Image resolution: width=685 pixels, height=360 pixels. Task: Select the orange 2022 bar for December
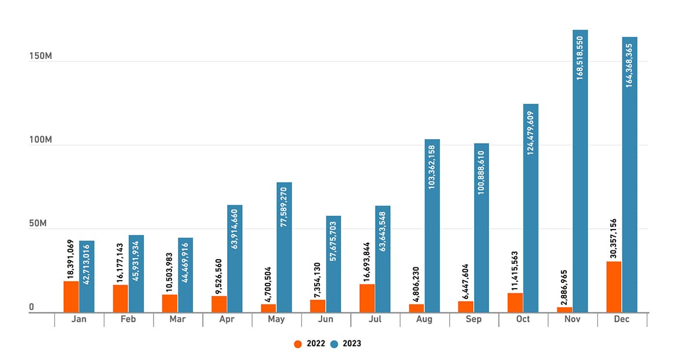tap(614, 287)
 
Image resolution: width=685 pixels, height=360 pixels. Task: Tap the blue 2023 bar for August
tap(432, 226)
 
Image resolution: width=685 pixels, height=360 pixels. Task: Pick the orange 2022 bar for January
tap(71, 297)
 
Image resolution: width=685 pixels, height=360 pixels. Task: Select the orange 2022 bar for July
tap(367, 298)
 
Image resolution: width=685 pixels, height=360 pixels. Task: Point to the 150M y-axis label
tap(41, 57)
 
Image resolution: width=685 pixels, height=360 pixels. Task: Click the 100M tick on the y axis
tap(41, 140)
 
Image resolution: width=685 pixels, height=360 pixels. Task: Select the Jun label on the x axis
tap(326, 319)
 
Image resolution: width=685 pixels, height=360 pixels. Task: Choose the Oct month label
tap(523, 319)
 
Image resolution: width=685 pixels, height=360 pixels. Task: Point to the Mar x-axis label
tap(178, 319)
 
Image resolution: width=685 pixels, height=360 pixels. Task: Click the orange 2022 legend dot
tap(298, 344)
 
